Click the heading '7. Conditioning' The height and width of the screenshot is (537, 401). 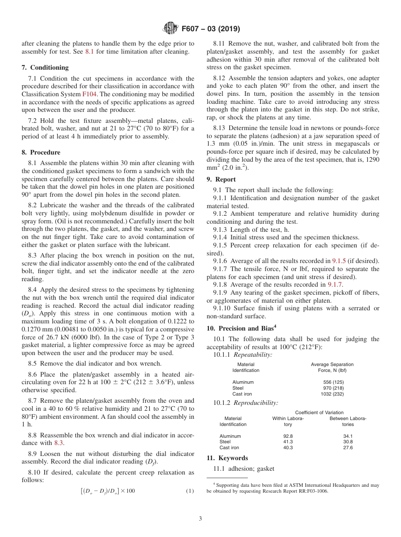45,68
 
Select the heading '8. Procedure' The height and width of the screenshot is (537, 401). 41,152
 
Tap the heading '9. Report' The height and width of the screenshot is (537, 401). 221,179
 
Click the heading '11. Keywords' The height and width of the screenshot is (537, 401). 227,458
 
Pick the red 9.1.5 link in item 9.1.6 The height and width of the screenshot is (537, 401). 339,261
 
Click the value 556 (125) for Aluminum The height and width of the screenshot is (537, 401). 332,382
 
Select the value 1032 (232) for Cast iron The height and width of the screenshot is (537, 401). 332,394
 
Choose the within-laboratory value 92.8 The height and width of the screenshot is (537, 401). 288,436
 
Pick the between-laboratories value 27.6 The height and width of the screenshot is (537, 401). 348,447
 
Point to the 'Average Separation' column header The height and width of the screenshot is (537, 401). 332,364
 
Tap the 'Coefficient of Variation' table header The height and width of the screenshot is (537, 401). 319,412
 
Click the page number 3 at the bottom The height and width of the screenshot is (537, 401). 200,519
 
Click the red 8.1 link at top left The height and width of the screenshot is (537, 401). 89,52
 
